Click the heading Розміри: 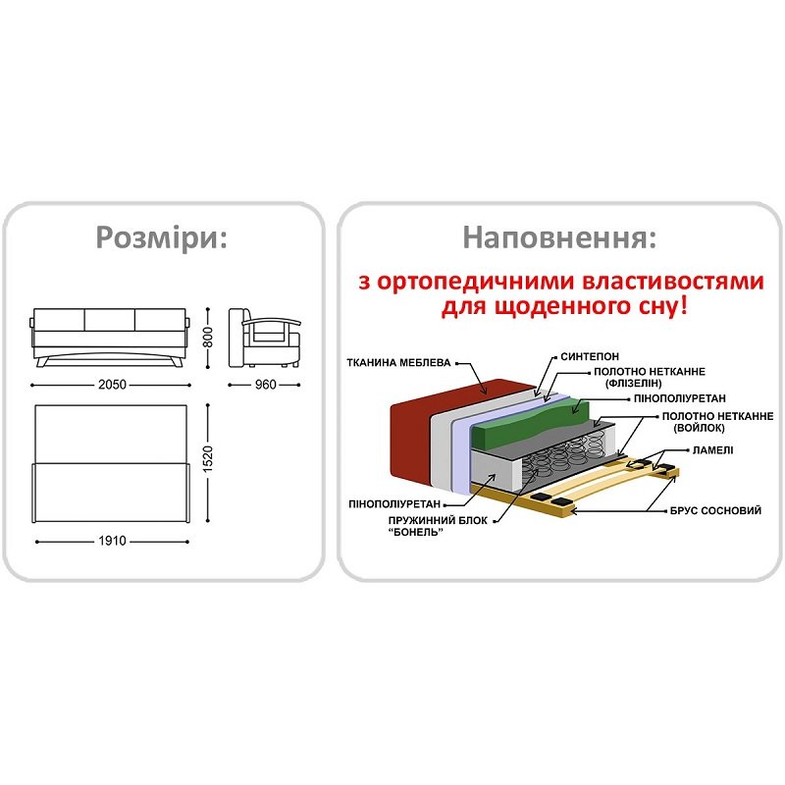[x=162, y=237]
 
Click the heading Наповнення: [x=559, y=237]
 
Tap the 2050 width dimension [x=112, y=385]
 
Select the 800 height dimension [x=208, y=337]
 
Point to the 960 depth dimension [x=265, y=385]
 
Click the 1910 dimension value [x=112, y=541]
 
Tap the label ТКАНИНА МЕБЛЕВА [x=398, y=362]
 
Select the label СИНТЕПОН [x=590, y=356]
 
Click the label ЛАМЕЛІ [x=712, y=450]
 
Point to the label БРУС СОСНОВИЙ [x=715, y=510]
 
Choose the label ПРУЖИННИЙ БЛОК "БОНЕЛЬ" [x=438, y=526]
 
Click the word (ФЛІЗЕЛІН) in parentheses [x=633, y=384]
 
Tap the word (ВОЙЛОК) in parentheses [x=699, y=428]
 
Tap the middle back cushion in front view [x=110, y=320]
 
